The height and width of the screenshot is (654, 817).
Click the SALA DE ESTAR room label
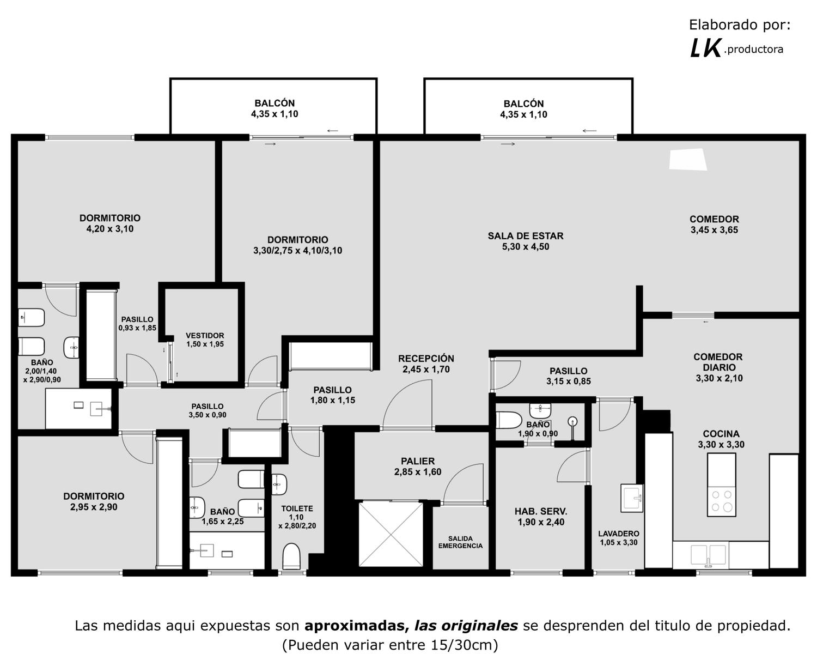click(x=526, y=236)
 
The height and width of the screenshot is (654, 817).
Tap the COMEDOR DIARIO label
click(x=717, y=362)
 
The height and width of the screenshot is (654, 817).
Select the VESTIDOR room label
click(x=205, y=336)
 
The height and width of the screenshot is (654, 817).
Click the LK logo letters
click(x=705, y=49)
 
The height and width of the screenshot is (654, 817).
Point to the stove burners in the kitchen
click(x=721, y=501)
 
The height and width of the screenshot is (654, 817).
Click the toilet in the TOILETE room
click(x=291, y=556)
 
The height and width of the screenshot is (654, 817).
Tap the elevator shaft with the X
click(x=391, y=534)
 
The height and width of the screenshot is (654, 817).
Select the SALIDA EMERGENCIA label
click(x=460, y=542)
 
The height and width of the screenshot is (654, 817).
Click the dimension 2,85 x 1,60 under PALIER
click(x=418, y=472)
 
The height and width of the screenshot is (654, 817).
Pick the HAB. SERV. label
click(x=541, y=512)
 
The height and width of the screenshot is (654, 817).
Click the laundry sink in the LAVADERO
click(x=632, y=498)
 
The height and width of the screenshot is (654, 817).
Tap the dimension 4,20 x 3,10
click(x=109, y=229)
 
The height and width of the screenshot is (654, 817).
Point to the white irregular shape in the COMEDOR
click(x=688, y=160)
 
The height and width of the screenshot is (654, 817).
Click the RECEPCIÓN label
click(x=426, y=359)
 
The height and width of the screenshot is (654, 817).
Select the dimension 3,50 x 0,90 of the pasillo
click(x=208, y=415)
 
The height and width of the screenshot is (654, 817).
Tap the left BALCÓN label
click(x=275, y=103)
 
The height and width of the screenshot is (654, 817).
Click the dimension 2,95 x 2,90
click(x=94, y=507)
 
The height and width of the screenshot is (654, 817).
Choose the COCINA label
click(x=721, y=434)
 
